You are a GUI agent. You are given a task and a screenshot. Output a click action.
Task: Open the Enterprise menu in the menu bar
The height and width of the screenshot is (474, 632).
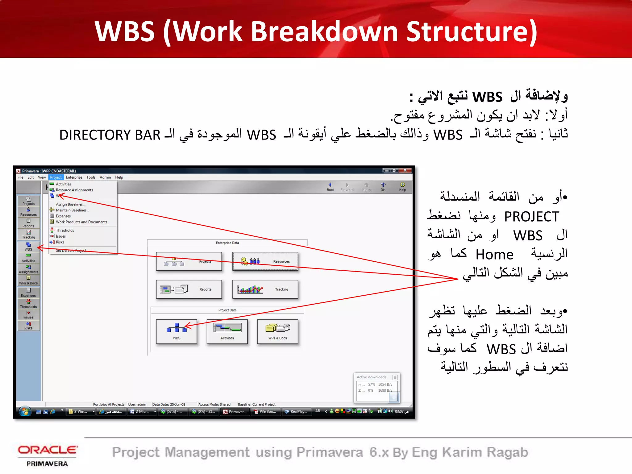coord(74,177)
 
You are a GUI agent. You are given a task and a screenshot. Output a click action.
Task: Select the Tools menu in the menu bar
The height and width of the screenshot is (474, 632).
coord(91,177)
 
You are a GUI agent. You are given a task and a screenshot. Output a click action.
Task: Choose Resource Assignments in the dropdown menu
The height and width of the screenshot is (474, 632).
coord(74,190)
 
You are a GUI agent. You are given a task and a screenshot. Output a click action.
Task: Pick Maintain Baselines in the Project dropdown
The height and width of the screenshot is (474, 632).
coord(72,210)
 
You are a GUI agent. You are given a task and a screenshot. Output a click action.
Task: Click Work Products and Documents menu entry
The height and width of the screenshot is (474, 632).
coord(81,222)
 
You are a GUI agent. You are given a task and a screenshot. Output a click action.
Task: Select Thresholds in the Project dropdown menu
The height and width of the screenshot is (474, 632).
coord(65,230)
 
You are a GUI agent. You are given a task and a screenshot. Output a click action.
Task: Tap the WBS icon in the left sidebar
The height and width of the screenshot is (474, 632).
coord(28,247)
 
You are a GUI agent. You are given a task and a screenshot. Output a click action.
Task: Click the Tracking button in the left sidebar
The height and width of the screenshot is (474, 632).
coord(28,235)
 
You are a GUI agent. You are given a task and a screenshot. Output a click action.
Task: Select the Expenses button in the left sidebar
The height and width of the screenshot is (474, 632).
coord(28,293)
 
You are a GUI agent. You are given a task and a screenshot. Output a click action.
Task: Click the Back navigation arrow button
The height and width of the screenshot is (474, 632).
coord(330,187)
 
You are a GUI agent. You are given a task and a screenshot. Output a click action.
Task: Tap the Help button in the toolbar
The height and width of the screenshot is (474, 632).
coord(402,187)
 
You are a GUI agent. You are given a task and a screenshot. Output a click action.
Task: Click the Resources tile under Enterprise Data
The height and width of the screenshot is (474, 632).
coord(265,261)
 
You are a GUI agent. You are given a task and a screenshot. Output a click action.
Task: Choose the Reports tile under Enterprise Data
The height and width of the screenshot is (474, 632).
coord(189,289)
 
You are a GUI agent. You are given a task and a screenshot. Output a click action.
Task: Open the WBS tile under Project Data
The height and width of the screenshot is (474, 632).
coord(177,331)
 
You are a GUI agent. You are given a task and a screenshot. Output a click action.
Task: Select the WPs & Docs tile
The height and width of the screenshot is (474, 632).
coord(277,331)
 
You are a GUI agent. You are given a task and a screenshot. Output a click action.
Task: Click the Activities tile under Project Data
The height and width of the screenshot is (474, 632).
coord(227,331)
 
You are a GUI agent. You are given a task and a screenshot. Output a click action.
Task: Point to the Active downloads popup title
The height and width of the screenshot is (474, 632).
coord(372,377)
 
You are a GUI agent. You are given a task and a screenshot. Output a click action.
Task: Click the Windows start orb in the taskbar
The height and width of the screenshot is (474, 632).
coord(25,411)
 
